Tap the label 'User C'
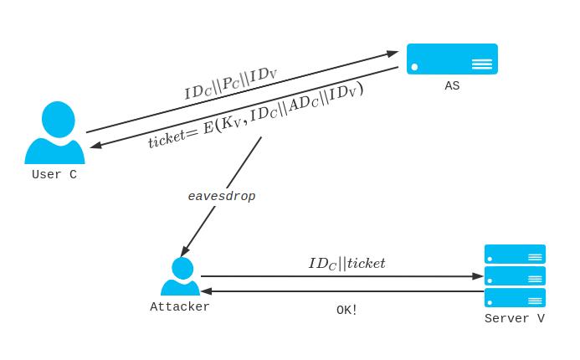54,175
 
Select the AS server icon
452,59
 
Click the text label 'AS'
452,86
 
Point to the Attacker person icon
180,278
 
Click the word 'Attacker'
180,306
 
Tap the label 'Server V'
515,318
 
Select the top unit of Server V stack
515,254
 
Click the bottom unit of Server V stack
515,297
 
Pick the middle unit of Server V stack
515,275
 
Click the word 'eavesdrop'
221,196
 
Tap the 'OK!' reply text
346,310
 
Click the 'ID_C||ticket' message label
346,264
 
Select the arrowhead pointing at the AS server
393,54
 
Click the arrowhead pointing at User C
96,147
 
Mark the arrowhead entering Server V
479,275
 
